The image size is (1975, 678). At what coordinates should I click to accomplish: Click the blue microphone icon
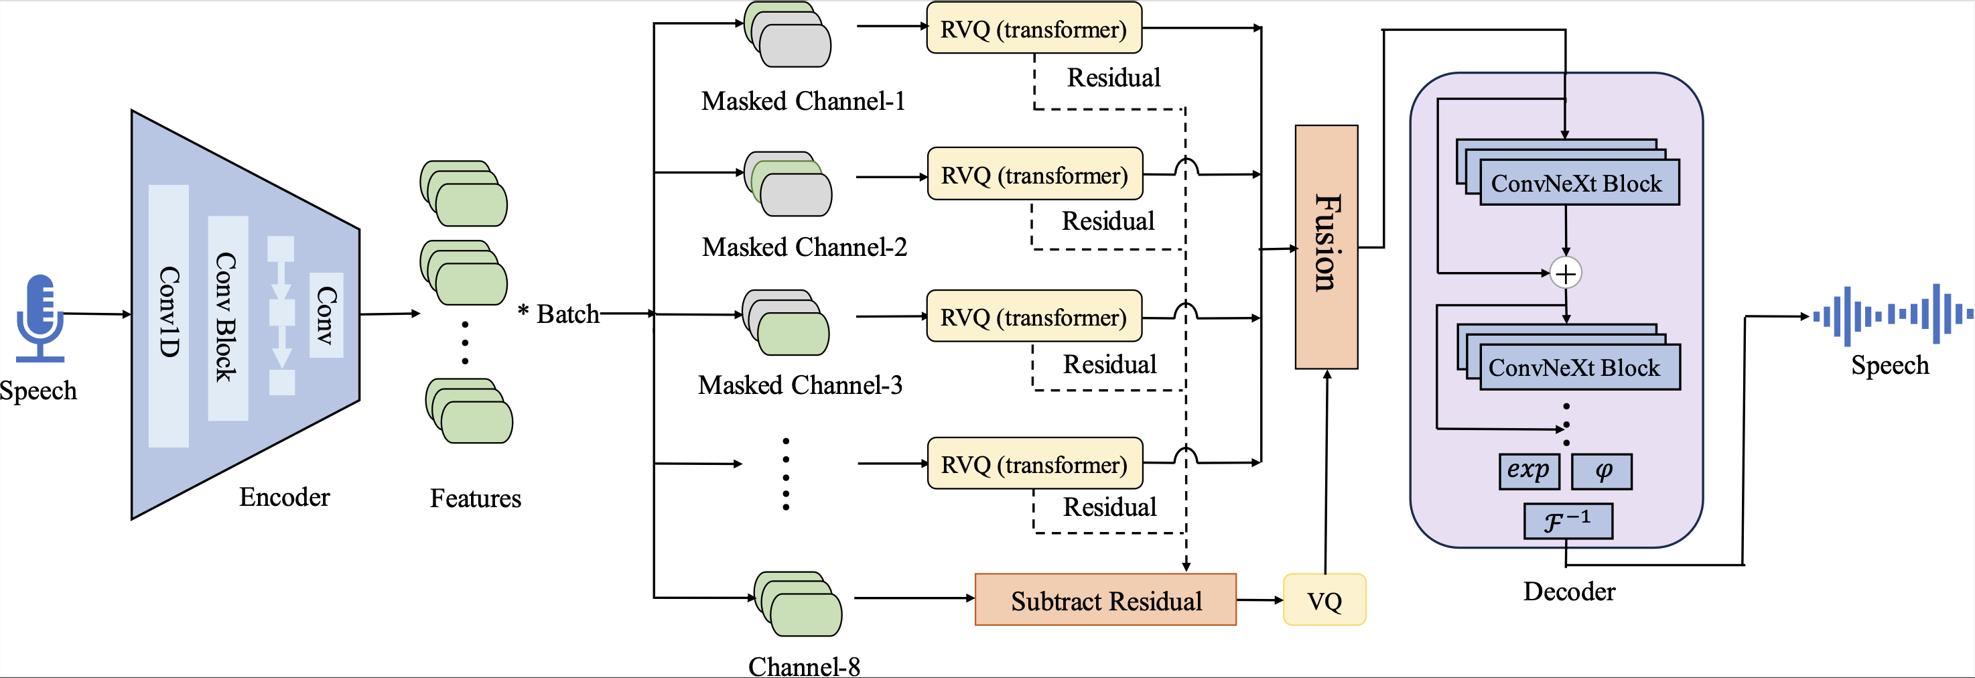[40, 317]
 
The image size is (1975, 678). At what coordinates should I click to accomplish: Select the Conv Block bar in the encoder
[228, 318]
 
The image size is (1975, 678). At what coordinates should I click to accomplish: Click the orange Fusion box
[1326, 247]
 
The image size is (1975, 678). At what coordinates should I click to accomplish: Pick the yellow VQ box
[1324, 600]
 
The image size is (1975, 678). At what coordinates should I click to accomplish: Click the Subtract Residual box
[1105, 600]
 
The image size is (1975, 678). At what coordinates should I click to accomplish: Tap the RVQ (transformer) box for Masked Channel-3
[1034, 317]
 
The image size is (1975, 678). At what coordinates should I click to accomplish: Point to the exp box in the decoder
[1529, 471]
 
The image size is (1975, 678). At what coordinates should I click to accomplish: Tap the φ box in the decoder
[1602, 471]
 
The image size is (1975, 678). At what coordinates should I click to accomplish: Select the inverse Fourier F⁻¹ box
[1568, 521]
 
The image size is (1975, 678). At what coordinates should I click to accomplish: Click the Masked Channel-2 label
[804, 247]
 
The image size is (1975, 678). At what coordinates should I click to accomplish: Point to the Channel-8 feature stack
[798, 604]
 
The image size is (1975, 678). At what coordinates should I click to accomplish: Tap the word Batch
[567, 314]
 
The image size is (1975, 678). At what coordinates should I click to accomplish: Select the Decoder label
[1568, 592]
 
